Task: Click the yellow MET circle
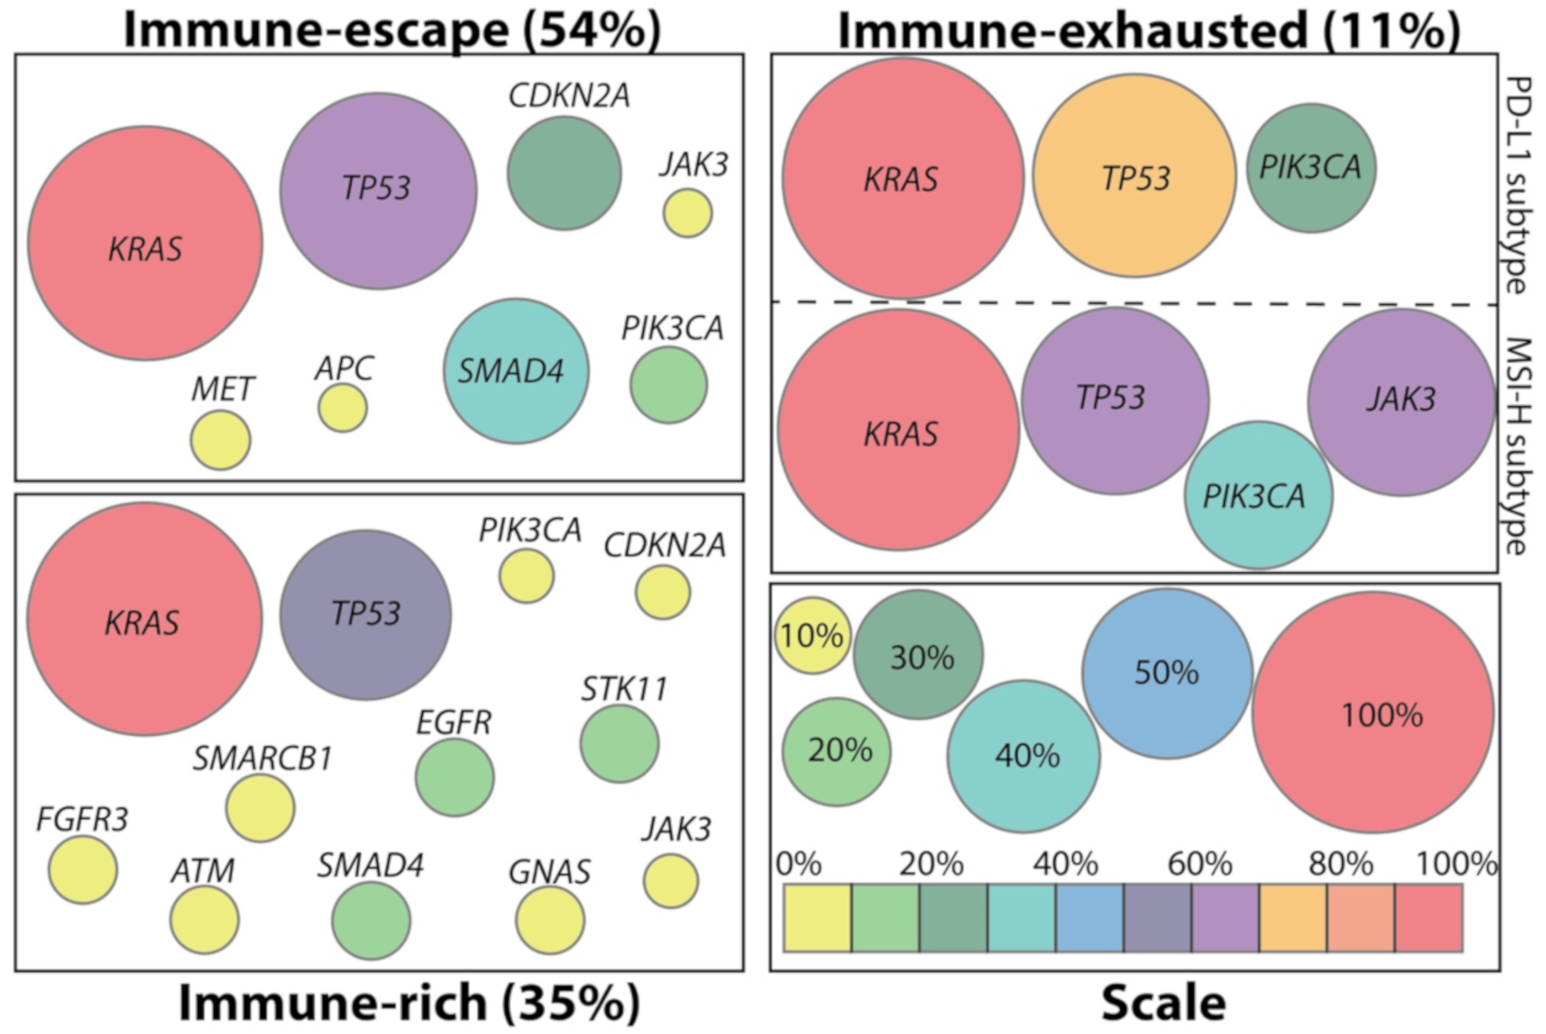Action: tap(220, 440)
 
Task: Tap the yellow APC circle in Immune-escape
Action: tap(342, 408)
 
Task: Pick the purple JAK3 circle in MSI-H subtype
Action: tap(1401, 401)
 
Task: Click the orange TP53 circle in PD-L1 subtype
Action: tap(1134, 176)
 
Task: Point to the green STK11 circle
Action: tap(620, 744)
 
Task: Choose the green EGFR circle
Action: tap(454, 777)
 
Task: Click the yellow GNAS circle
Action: tap(549, 920)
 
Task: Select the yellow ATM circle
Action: tap(204, 920)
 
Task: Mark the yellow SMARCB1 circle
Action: tap(260, 808)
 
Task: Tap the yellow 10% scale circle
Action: tap(812, 636)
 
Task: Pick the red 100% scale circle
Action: tap(1373, 713)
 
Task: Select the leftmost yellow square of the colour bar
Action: tap(817, 918)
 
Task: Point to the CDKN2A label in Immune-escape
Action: tap(569, 96)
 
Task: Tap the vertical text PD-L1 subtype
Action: tap(1518, 184)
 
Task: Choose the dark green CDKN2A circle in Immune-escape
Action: tap(564, 173)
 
